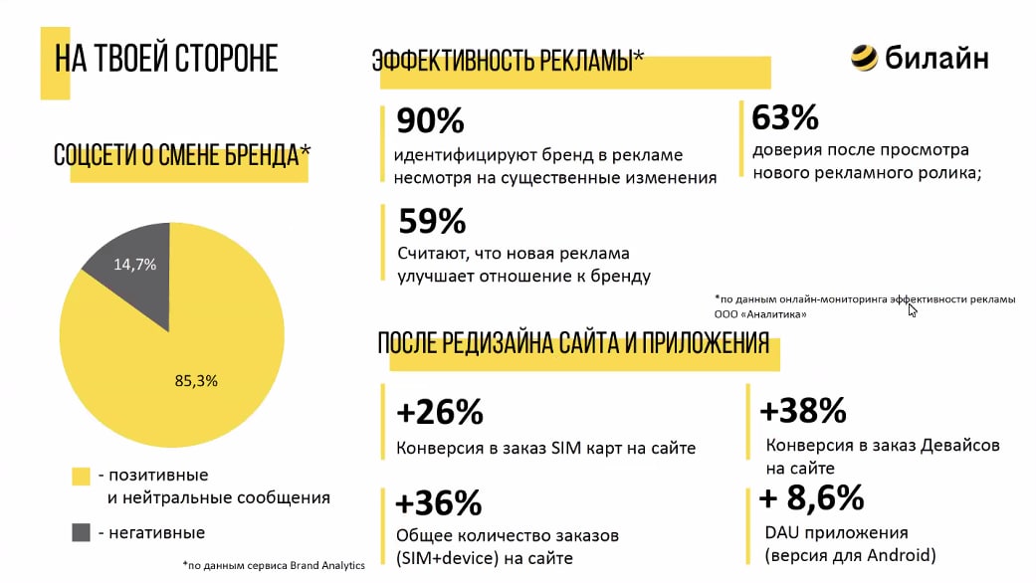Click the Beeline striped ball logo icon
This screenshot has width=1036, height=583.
864,58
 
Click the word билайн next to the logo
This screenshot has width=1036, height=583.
936,59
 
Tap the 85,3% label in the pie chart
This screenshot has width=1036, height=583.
195,380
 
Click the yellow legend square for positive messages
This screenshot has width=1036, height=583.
81,477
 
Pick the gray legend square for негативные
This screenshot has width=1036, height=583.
81,532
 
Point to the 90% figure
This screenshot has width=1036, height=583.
430,121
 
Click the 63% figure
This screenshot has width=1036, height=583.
784,118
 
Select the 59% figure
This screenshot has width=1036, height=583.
431,221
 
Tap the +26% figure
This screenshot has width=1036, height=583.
439,411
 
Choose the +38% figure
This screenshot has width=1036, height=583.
802,410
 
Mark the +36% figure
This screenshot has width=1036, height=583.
439,502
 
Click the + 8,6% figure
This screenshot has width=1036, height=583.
811,496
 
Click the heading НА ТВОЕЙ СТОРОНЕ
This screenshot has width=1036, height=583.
165,59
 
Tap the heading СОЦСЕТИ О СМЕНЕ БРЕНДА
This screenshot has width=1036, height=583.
181,155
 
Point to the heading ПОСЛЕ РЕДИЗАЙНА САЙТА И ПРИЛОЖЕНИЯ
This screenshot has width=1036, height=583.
573,344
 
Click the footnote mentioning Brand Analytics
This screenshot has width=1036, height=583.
275,565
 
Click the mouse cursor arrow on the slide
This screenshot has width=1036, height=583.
913,309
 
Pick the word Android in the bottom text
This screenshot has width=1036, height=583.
895,555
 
